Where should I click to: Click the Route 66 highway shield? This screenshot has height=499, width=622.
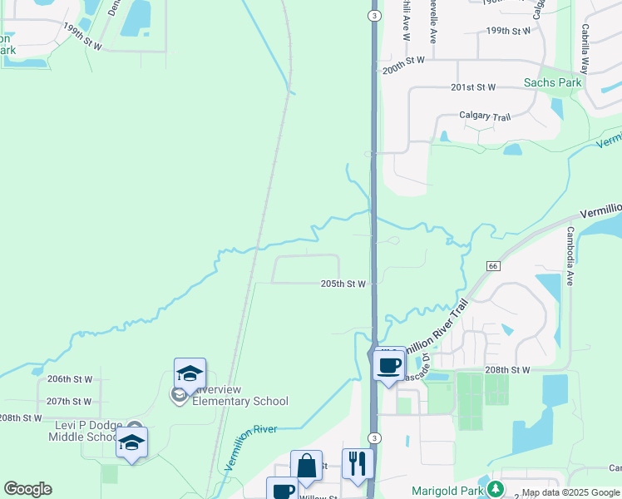click(493, 265)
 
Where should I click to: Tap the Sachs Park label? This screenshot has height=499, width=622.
click(552, 82)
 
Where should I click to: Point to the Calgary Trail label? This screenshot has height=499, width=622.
click(485, 117)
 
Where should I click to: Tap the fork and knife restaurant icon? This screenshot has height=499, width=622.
click(358, 463)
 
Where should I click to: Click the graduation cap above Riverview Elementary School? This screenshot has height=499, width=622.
click(190, 374)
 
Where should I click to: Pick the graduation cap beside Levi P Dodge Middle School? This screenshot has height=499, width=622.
click(131, 442)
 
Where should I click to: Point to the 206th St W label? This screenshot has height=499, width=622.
click(69, 378)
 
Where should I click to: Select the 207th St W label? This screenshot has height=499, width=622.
click(69, 401)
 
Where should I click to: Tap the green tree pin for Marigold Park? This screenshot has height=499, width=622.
click(496, 488)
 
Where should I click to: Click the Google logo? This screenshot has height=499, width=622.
click(27, 489)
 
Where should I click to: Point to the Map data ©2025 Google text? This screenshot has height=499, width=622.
click(570, 493)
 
